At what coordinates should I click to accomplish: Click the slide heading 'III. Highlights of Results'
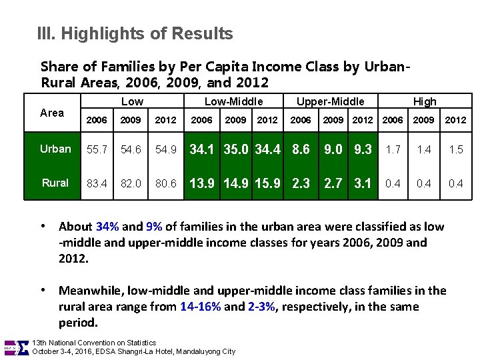[x=135, y=33]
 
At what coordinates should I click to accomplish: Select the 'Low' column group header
[x=132, y=101]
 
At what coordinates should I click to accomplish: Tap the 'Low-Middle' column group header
[x=233, y=101]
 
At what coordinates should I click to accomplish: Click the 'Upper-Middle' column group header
[x=330, y=101]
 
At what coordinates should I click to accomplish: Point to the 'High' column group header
[x=425, y=101]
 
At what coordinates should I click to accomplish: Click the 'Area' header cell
[x=52, y=113]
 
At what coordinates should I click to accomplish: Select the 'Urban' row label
[x=55, y=149]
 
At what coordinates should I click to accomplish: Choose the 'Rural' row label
[x=55, y=183]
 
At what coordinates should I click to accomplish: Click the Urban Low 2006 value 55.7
[x=97, y=149]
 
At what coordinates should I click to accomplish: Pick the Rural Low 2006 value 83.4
[x=97, y=183]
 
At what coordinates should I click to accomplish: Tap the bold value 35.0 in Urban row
[x=237, y=149]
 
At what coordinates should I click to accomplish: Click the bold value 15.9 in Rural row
[x=268, y=183]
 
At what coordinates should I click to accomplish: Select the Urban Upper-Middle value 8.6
[x=301, y=149]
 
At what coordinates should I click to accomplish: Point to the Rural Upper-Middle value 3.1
[x=363, y=183]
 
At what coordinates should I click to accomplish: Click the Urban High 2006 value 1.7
[x=393, y=149]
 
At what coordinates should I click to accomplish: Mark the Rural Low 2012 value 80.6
[x=165, y=183]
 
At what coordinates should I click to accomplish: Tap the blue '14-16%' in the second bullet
[x=201, y=307]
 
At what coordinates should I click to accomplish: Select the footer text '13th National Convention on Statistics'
[x=94, y=342]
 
